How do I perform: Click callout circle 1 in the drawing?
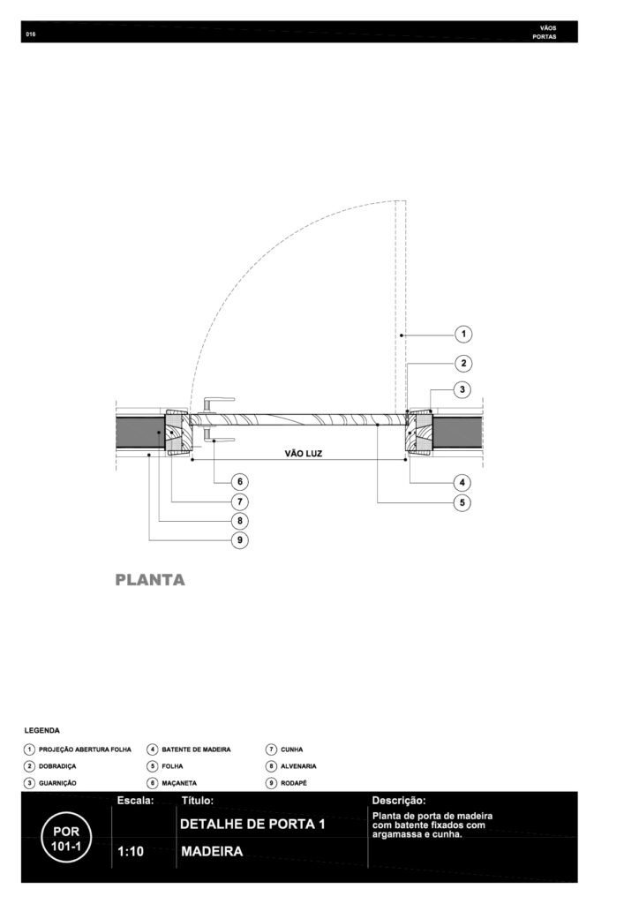[463, 334]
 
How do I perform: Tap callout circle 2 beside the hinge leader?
[463, 363]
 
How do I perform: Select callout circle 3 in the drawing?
[462, 389]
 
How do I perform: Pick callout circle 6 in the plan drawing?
[240, 481]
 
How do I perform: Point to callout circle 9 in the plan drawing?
[240, 540]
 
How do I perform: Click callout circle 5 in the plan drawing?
[462, 502]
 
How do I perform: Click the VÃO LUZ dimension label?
[303, 454]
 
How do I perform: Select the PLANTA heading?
[150, 580]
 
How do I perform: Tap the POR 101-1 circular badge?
[66, 837]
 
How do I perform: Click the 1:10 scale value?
[131, 851]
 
